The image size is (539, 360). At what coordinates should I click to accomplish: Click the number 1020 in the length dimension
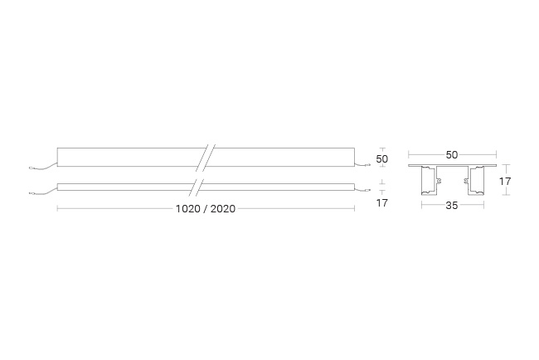point(188,209)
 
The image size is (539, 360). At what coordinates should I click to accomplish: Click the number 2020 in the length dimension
point(223,209)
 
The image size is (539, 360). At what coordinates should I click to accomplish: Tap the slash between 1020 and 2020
point(205,209)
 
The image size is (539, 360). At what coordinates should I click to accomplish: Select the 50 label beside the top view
point(382,159)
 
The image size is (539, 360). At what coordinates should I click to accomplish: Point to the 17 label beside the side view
point(382,203)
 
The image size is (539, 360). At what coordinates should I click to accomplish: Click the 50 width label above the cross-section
point(452,155)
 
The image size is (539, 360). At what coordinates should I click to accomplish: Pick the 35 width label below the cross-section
point(452,206)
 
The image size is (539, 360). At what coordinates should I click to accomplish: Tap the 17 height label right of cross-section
point(505,181)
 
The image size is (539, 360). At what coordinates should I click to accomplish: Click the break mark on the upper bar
point(206,158)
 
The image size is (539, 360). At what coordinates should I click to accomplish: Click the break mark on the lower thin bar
point(196,187)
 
